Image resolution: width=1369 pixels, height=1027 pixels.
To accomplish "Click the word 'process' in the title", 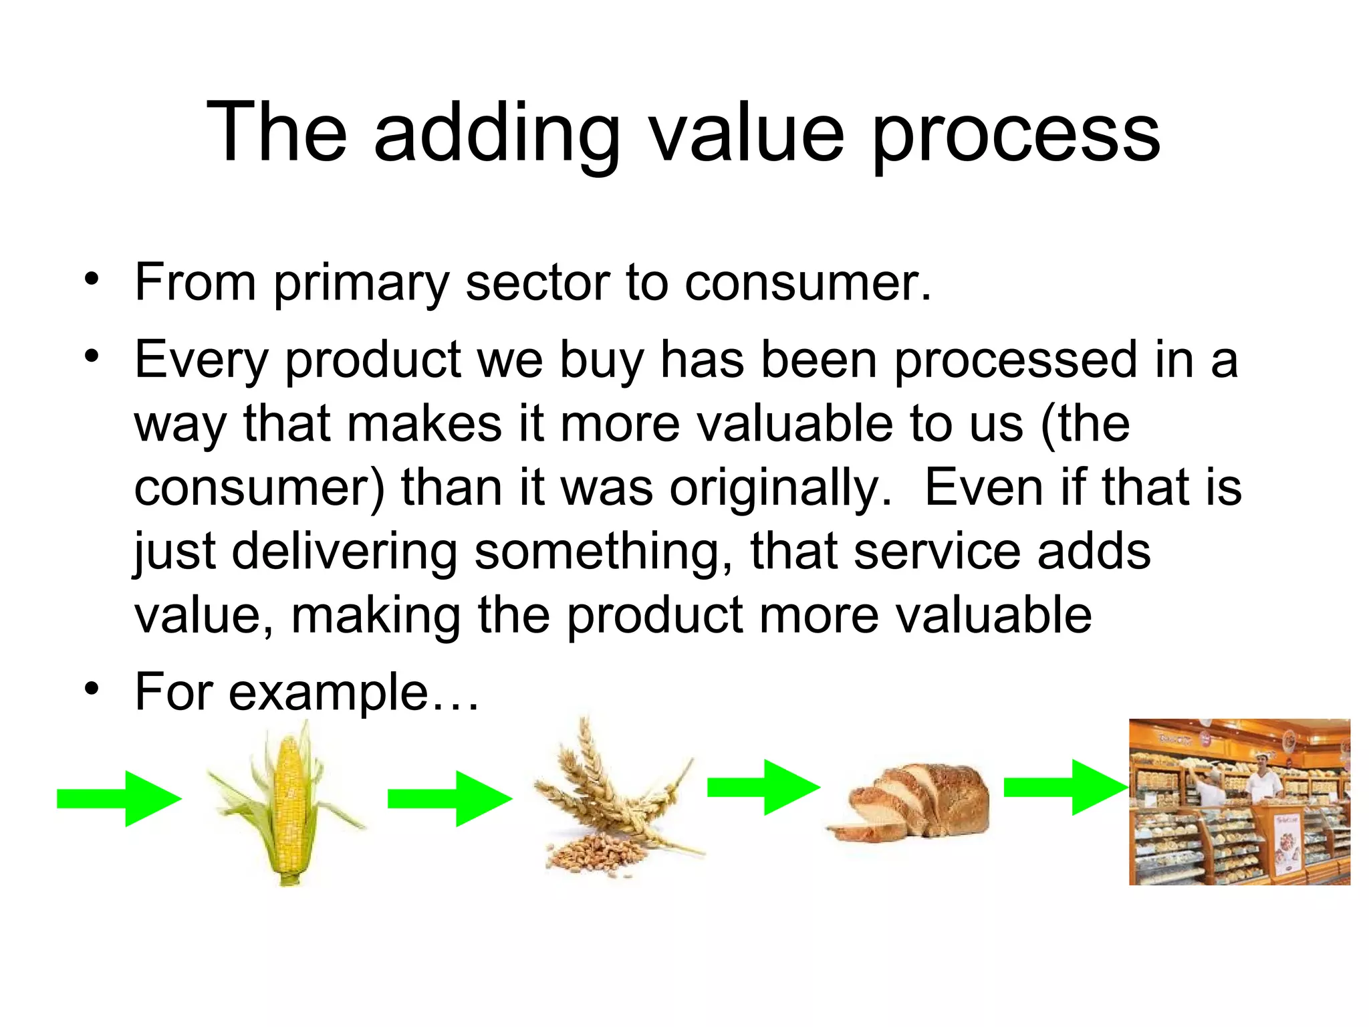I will click(x=1016, y=134).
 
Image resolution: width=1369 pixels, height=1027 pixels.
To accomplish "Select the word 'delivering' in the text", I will click(x=345, y=552).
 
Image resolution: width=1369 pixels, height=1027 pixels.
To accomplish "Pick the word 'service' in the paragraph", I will click(x=937, y=552).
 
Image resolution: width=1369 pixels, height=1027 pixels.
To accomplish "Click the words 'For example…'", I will click(x=307, y=693).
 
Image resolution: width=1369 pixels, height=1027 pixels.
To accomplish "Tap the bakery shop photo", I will click(x=1239, y=802).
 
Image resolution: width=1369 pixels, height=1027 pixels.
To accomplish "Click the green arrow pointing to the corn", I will click(x=119, y=798).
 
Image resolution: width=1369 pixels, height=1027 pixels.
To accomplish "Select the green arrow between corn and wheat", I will click(x=450, y=798).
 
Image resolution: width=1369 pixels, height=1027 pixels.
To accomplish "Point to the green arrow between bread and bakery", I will click(x=1066, y=788).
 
